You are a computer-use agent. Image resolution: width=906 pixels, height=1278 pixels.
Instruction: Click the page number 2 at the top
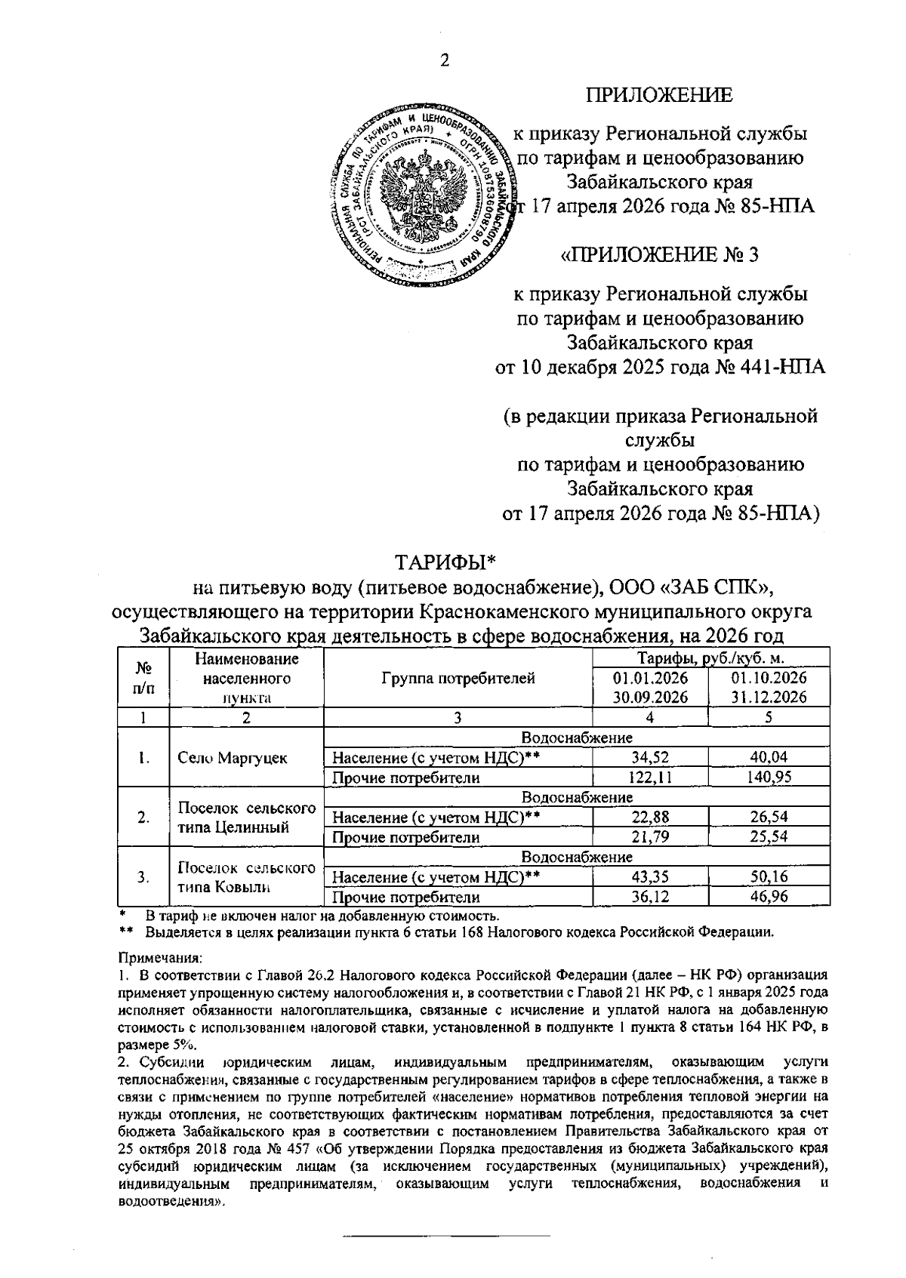(x=445, y=61)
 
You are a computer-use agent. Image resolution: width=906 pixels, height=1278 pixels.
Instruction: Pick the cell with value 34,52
(x=650, y=757)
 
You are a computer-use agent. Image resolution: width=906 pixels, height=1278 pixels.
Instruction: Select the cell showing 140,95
(x=769, y=778)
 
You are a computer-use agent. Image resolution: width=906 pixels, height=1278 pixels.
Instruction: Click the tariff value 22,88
(x=650, y=817)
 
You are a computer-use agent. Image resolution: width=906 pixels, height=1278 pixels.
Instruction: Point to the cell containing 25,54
(x=769, y=837)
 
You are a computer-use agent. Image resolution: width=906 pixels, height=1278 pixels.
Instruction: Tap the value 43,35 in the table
(x=650, y=877)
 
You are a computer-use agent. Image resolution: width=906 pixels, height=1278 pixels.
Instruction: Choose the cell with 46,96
(x=769, y=898)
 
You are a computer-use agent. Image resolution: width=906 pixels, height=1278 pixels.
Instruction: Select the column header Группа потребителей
(x=458, y=678)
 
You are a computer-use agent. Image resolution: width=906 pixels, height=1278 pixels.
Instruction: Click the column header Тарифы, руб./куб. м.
(x=710, y=658)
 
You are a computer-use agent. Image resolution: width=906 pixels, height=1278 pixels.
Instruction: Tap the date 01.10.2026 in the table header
(x=769, y=678)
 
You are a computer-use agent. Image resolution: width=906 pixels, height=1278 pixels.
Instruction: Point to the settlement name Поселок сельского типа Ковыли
(x=246, y=877)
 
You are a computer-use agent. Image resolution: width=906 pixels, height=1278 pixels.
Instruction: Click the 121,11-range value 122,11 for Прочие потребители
(x=650, y=778)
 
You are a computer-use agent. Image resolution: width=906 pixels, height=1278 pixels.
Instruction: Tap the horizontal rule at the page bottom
(x=447, y=1236)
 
